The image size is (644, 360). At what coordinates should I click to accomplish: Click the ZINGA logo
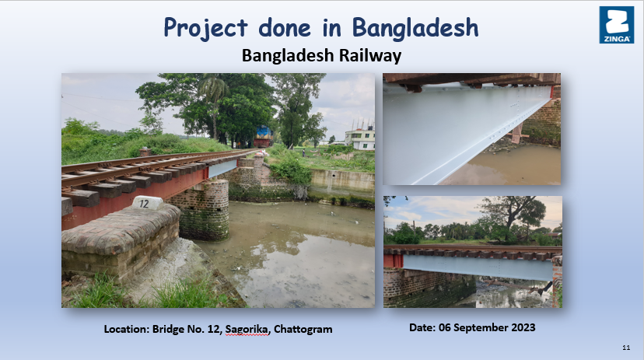click(617, 25)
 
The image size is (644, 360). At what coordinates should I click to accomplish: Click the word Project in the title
click(205, 28)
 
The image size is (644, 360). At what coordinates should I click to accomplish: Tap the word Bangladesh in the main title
click(415, 27)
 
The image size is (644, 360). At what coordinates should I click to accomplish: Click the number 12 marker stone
click(147, 203)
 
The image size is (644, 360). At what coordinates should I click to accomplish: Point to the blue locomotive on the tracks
click(263, 137)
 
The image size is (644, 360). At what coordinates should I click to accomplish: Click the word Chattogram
click(303, 329)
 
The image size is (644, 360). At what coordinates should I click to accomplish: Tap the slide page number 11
click(626, 348)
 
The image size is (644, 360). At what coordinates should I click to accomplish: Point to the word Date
click(422, 327)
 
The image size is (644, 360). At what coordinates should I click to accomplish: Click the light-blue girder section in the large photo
click(222, 168)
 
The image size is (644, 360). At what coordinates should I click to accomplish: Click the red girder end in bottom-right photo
click(393, 261)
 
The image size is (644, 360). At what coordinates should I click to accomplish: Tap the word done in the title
click(285, 27)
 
